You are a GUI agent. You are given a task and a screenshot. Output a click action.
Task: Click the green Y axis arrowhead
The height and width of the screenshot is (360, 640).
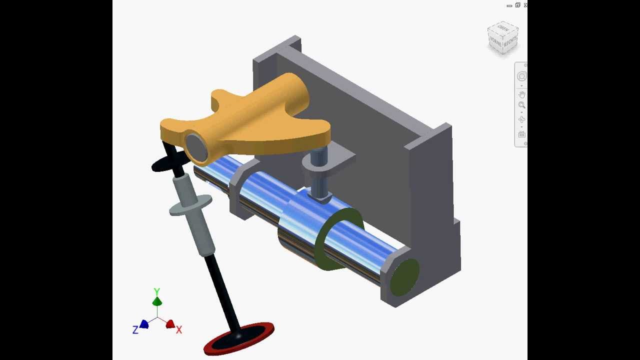coord(157,301)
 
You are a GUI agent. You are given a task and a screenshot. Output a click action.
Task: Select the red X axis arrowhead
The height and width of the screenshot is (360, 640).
coord(170,324)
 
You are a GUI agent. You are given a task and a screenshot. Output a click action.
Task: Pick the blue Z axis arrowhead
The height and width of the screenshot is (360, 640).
coord(144,324)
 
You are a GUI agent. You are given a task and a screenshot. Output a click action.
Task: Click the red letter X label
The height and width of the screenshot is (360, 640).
coord(179,330)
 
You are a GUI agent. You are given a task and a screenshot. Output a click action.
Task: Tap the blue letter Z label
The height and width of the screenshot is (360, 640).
coord(135,330)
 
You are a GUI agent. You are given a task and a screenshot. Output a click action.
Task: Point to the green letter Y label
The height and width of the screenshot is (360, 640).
coord(157,291)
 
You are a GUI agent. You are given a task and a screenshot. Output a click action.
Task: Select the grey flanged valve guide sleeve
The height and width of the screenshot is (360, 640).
coord(192,210)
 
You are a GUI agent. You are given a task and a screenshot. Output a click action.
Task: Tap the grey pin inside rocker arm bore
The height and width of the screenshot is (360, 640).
coord(196,146)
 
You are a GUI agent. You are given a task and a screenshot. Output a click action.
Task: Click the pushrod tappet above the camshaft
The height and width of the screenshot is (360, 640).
coord(318,175)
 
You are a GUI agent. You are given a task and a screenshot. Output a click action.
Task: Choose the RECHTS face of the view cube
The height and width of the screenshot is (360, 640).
coord(510,42)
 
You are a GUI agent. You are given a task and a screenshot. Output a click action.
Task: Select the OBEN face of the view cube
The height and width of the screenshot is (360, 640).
coord(503,28)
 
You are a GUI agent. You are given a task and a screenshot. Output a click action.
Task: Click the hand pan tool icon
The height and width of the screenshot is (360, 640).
coord(521,94)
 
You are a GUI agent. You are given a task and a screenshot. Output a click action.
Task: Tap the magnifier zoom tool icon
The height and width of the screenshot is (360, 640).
coord(521,105)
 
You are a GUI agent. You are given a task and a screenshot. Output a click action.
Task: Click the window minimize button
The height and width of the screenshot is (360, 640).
coord(509,5)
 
